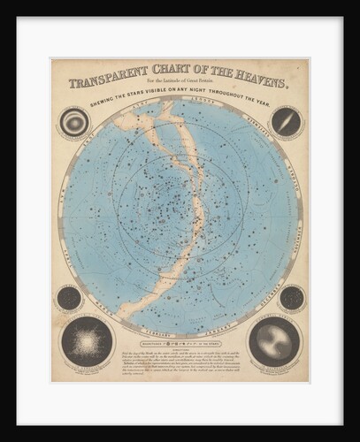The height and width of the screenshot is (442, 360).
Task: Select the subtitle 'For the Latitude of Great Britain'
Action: coord(180,91)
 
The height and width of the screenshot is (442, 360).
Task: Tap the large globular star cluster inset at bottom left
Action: coord(87,341)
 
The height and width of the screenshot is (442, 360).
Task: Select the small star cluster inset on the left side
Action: coord(69,298)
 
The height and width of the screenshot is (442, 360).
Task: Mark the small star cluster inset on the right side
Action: coord(291,298)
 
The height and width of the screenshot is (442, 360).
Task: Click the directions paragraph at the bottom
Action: coord(180,358)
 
